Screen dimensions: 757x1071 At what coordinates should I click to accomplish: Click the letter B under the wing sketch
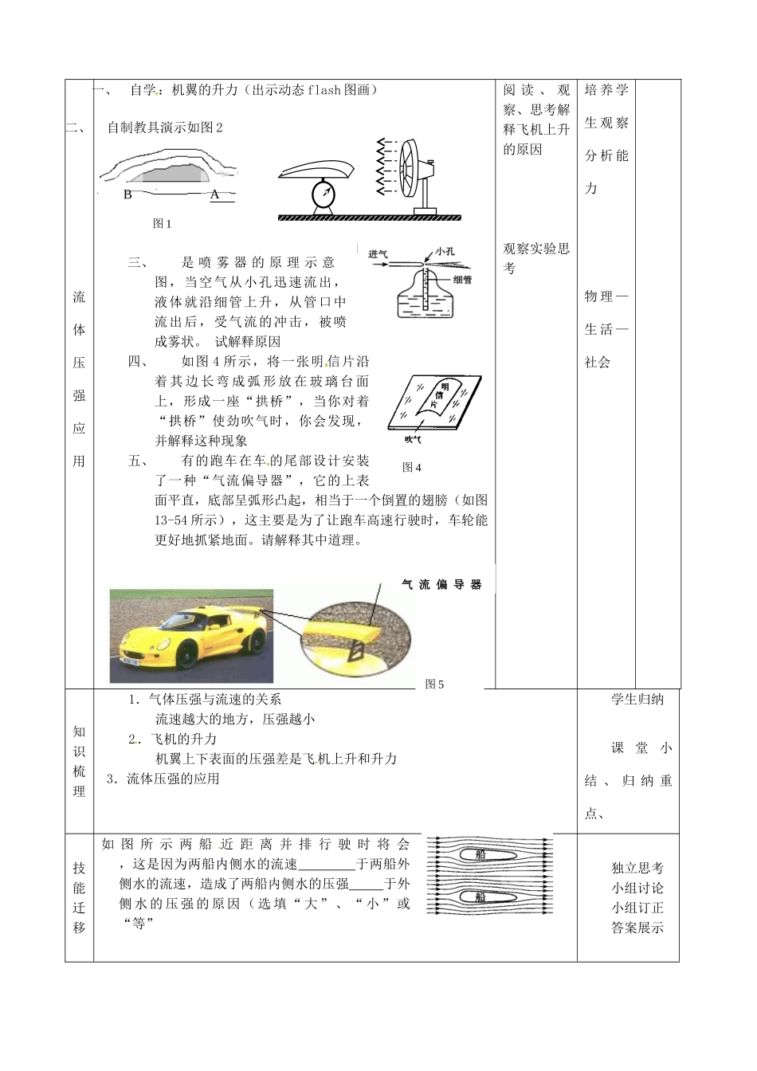(128, 194)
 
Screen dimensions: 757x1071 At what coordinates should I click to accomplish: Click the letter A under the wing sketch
(214, 194)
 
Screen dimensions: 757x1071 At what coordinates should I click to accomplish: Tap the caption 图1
(163, 224)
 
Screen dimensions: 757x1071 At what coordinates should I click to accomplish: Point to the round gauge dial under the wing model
(324, 196)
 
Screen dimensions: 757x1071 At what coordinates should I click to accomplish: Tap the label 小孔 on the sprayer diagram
(445, 252)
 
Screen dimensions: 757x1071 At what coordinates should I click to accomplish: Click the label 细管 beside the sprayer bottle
(462, 280)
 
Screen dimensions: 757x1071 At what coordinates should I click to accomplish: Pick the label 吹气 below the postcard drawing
(413, 439)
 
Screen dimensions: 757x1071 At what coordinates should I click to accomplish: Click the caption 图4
(412, 467)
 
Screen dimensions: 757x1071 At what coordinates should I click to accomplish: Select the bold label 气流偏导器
(441, 584)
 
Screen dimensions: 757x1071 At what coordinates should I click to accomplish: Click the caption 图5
(435, 684)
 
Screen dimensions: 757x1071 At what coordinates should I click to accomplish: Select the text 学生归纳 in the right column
(637, 700)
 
